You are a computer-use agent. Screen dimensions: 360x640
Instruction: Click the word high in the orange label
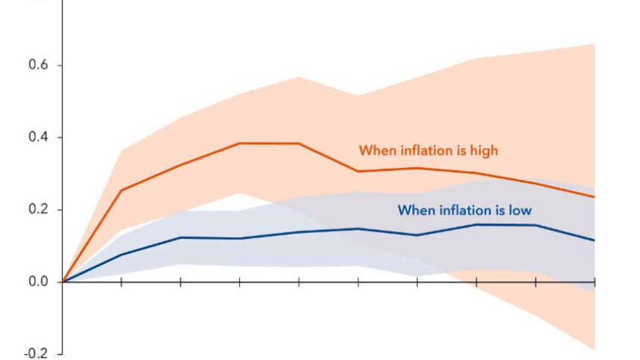click(484, 150)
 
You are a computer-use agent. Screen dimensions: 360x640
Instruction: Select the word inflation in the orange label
click(423, 150)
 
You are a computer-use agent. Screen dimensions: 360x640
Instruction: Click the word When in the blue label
click(414, 211)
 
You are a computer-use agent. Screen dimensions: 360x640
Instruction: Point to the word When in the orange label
click(375, 150)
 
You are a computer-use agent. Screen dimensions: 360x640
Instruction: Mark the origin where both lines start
click(63, 282)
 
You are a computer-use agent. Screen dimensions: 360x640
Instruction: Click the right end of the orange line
click(594, 197)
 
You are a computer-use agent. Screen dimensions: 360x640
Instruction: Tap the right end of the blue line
click(594, 240)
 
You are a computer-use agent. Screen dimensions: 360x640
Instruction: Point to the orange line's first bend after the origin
click(121, 190)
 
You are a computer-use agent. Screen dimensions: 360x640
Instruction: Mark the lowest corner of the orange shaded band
click(594, 350)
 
